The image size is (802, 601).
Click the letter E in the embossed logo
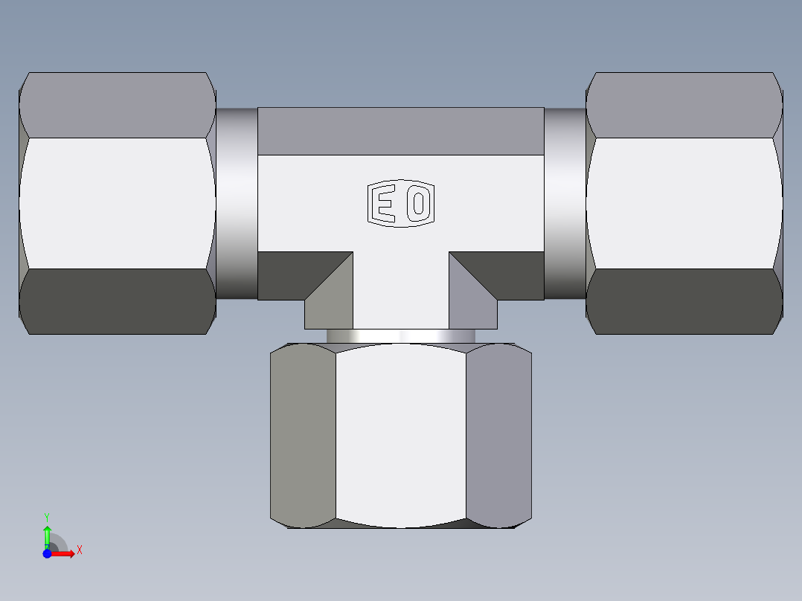(383, 204)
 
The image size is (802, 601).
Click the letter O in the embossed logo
(417, 204)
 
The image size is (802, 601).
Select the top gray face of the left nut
(117, 104)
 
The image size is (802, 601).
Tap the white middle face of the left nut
(117, 202)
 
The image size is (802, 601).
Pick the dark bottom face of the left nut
(117, 301)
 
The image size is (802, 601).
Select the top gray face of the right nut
(684, 104)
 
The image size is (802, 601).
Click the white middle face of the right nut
(684, 202)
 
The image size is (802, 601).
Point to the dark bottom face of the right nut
(684, 301)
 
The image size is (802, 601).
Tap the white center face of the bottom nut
(400, 435)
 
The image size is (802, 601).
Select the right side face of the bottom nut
(498, 435)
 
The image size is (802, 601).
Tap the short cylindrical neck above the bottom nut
(400, 336)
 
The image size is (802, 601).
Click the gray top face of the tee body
(400, 131)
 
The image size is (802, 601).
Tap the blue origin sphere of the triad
(47, 553)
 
